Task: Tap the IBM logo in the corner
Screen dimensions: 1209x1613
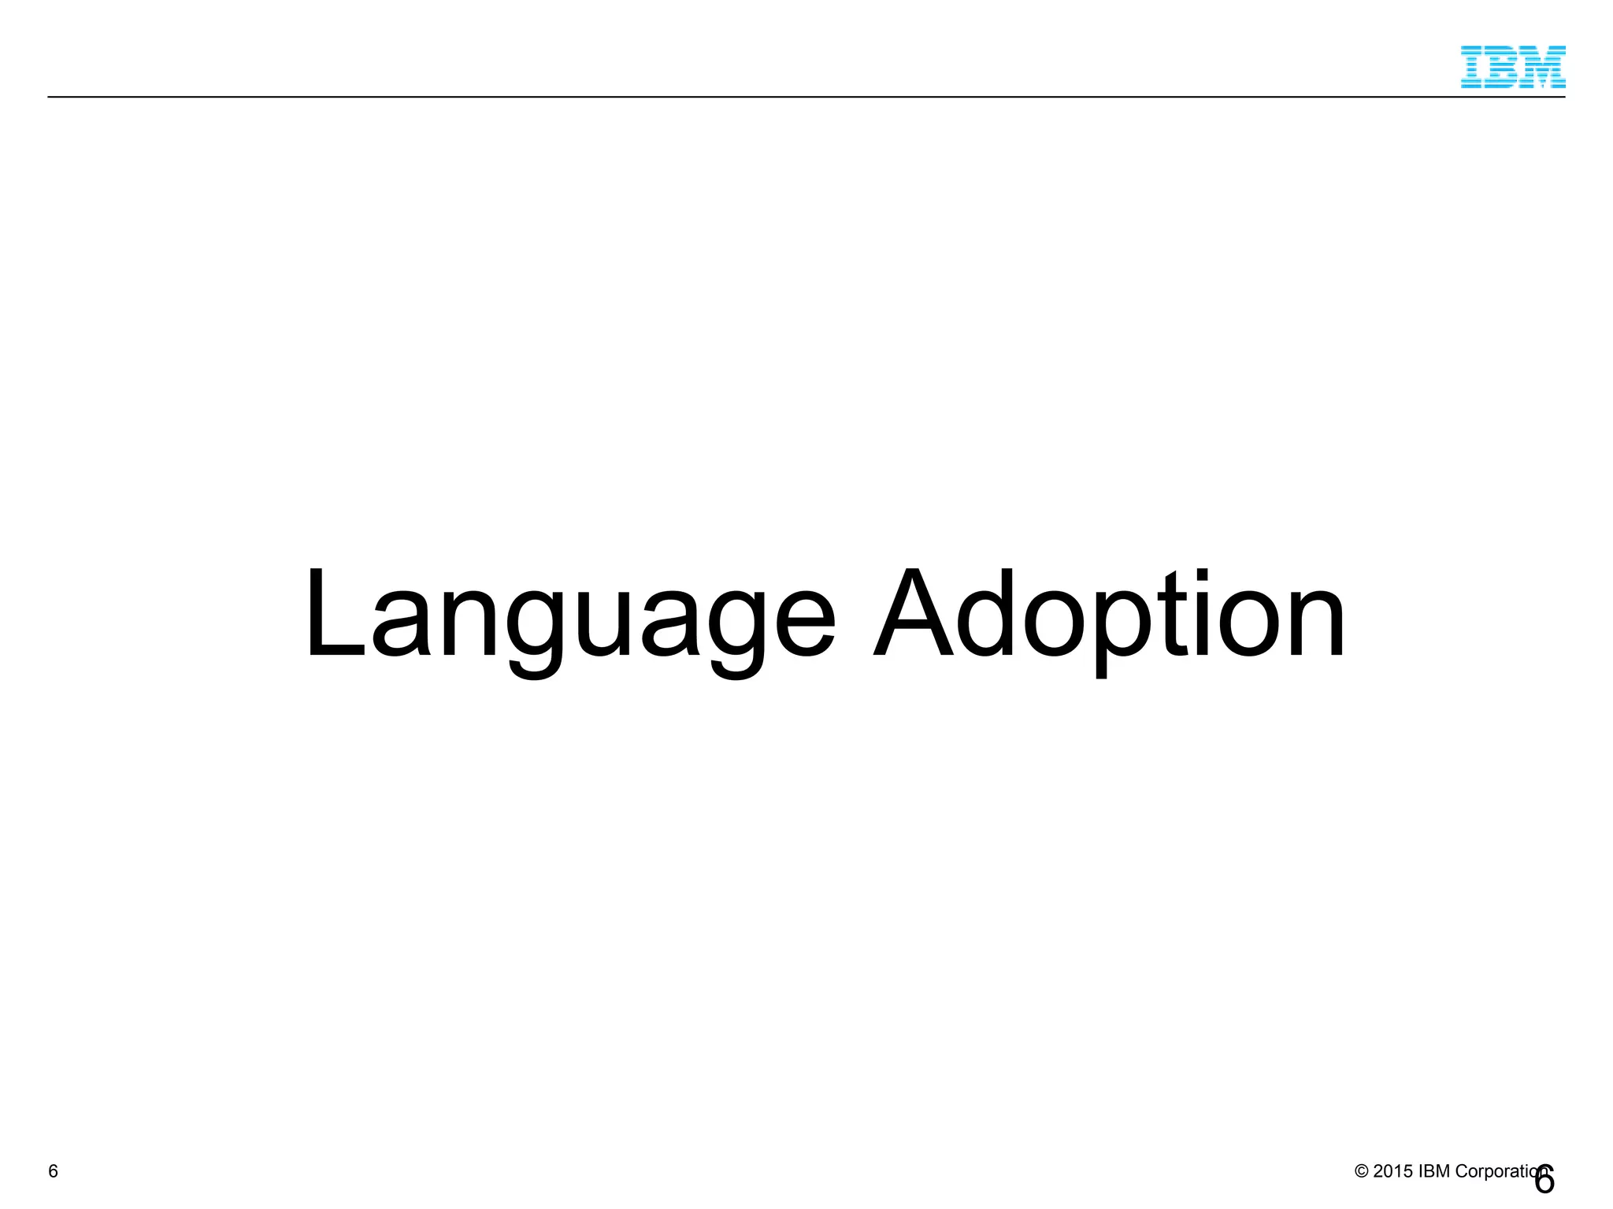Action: pos(1512,66)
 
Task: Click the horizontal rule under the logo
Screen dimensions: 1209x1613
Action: pos(788,97)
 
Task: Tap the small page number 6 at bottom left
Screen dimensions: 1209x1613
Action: pos(53,1171)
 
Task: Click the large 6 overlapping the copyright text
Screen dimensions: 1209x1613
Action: pos(1544,1180)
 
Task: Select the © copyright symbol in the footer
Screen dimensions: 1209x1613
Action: pos(1361,1171)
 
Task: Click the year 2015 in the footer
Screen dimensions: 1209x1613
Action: pos(1392,1171)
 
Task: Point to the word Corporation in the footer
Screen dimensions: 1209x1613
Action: pos(1496,1171)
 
